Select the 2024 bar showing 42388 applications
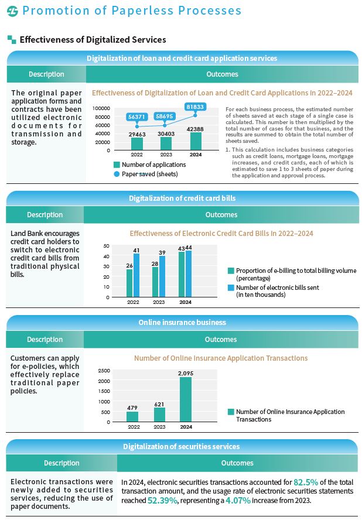click(196, 141)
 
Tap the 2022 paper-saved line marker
click(137, 126)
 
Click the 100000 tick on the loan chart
click(101, 109)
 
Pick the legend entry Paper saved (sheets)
click(149, 174)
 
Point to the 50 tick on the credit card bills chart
click(106, 246)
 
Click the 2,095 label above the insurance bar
click(186, 373)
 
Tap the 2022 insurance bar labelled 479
click(133, 416)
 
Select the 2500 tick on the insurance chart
click(104, 371)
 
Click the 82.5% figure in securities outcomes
click(305, 483)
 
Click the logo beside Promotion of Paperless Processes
click(12, 11)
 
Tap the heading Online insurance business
click(182, 323)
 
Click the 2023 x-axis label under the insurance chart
click(159, 427)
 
